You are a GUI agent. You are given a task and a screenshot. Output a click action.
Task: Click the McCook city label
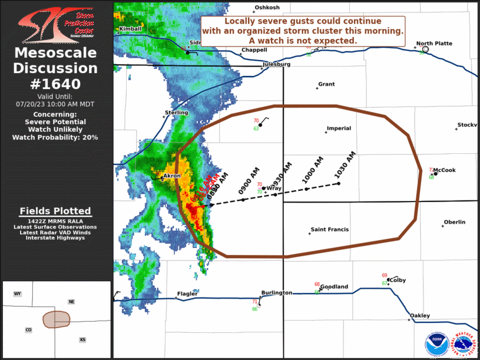444,170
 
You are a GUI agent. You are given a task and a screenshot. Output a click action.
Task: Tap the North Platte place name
434,44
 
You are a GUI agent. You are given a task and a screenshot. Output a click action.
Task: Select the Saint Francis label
330,230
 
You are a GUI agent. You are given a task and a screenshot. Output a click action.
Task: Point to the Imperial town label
339,128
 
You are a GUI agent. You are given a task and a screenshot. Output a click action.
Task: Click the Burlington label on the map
276,293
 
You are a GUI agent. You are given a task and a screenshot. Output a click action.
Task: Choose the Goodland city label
334,287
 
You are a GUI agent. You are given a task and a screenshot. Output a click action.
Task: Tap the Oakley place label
420,315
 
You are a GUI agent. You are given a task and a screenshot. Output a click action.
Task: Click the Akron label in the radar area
172,176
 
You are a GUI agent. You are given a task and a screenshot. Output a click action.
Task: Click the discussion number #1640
55,84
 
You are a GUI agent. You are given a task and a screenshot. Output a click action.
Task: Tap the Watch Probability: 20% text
55,137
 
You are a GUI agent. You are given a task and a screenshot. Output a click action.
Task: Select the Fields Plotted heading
55,211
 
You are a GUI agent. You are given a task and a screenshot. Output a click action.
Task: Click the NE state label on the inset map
71,302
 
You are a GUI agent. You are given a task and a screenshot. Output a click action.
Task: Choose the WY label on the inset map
18,293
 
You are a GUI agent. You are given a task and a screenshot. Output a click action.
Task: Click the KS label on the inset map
82,339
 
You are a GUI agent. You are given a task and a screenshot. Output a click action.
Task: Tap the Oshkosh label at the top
267,8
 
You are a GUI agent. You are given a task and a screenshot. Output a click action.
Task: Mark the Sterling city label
176,113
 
